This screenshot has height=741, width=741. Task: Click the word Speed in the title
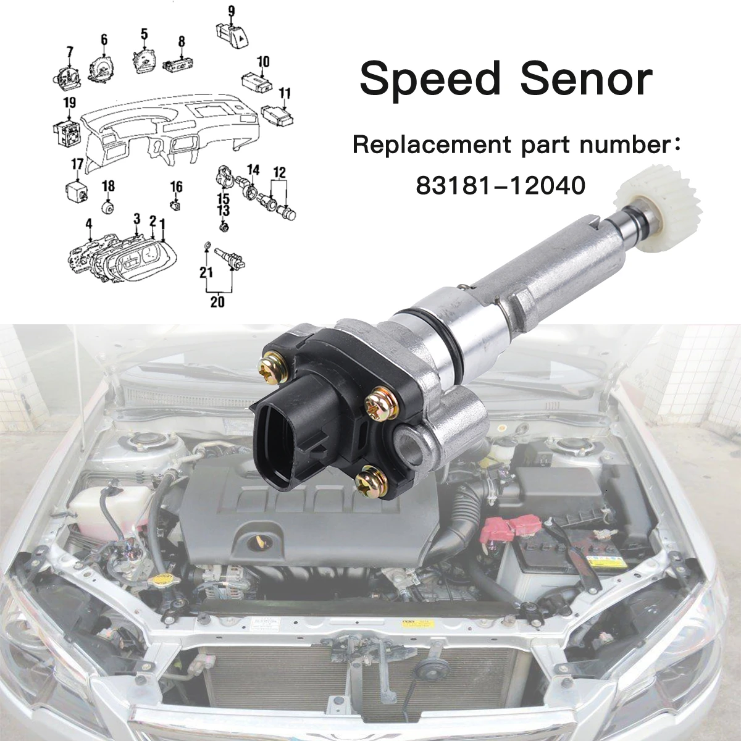pos(430,80)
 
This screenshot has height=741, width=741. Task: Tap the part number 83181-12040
pos(500,186)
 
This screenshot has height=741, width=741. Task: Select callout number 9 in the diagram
pos(231,10)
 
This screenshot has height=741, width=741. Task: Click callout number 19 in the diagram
pos(69,103)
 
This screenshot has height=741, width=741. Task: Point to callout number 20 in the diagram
pos(217,301)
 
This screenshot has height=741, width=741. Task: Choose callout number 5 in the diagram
pos(144,33)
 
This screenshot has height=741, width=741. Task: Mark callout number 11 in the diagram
pos(285,93)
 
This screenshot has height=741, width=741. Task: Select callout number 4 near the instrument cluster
pos(89,223)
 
